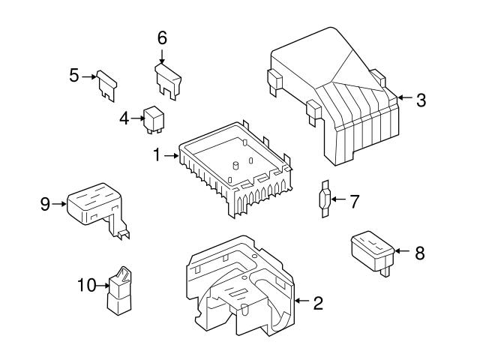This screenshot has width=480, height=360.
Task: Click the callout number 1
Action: [157, 156]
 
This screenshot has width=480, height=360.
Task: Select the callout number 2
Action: [318, 303]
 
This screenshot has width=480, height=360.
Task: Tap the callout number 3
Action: [421, 100]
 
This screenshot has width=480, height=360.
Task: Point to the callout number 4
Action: [124, 117]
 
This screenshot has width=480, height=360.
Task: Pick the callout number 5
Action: [74, 76]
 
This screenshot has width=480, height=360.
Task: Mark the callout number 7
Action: [355, 200]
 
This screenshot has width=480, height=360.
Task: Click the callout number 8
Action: [419, 253]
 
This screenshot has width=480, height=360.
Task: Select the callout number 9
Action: [46, 202]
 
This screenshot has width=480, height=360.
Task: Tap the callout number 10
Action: [87, 284]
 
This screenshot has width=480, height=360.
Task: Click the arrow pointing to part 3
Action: [403, 97]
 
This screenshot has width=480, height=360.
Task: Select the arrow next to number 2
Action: [301, 301]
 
